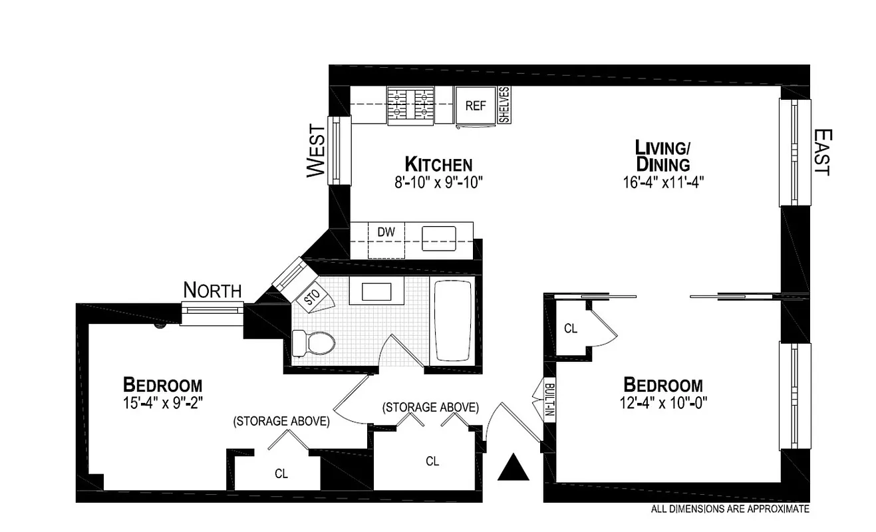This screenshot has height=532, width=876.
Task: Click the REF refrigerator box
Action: [476, 105]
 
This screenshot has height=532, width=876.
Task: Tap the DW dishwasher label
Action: [386, 232]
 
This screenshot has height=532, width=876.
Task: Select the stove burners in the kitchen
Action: [410, 104]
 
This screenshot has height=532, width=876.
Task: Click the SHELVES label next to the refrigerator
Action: [504, 105]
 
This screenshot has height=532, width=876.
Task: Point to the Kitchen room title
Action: [439, 164]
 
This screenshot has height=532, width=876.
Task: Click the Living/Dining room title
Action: [662, 155]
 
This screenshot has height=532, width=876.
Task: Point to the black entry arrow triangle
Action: [513, 467]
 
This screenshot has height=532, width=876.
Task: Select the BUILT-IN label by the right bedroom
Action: [549, 401]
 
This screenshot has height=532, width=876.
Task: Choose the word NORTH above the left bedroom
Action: [212, 291]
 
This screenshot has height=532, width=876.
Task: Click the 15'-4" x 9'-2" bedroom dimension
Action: [162, 402]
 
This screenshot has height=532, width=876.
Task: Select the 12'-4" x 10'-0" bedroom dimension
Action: [662, 402]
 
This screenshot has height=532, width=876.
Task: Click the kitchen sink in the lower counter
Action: [439, 237]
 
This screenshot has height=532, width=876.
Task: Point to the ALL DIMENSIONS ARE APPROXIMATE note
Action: [729, 509]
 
